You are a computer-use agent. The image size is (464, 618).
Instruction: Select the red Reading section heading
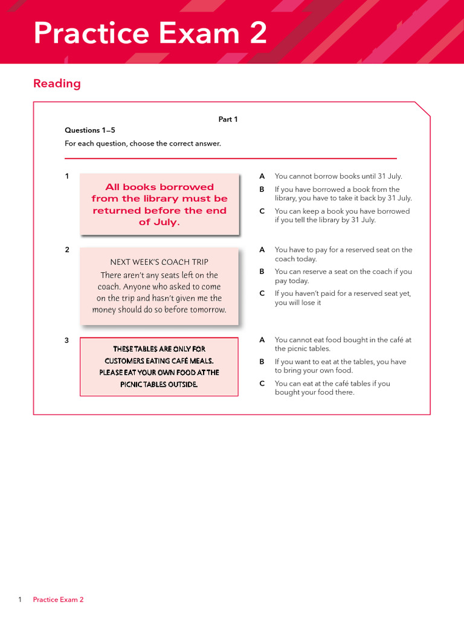coord(57,83)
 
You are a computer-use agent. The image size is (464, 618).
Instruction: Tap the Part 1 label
coord(228,119)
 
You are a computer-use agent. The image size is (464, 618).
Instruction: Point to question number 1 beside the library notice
coord(67,176)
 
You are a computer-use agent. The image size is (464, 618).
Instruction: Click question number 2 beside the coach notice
coord(67,250)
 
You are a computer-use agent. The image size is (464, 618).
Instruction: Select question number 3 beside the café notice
coord(67,340)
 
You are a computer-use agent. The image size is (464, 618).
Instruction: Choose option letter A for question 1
coord(262,176)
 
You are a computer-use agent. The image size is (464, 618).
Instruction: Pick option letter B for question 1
coord(262,190)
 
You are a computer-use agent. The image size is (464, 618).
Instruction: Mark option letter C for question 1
coord(262,211)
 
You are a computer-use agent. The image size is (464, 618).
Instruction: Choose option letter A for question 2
coord(262,250)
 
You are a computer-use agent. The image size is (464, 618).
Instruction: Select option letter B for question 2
coord(262,272)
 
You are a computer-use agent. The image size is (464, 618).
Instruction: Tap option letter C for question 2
coord(262,293)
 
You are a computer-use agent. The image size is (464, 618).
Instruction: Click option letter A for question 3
coord(262,340)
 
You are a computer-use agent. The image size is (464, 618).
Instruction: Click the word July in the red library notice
coord(166,222)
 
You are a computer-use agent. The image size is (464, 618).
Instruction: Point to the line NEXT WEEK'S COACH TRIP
coord(159,262)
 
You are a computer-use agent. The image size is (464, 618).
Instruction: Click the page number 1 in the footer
coord(20,599)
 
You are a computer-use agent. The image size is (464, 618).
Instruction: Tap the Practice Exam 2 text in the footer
coord(58,599)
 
